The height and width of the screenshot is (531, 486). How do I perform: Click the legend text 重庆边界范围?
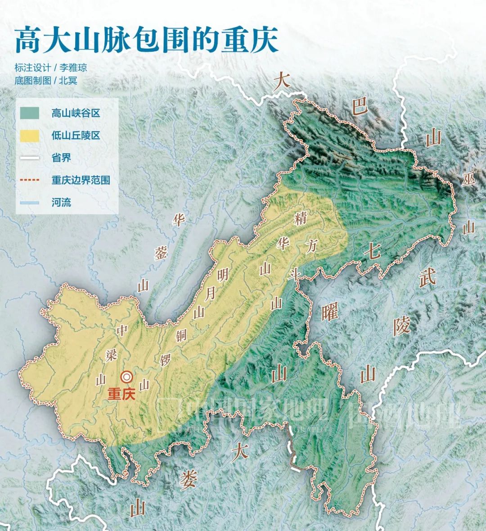coord(81,180)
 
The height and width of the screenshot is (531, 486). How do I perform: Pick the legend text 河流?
coord(61,202)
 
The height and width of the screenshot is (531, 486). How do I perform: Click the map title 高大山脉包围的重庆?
coord(147,41)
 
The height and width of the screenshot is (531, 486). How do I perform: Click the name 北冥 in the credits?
coord(71,81)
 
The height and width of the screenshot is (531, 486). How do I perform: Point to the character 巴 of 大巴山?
coord(360,108)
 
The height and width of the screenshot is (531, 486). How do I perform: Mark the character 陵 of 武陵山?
coord(401,325)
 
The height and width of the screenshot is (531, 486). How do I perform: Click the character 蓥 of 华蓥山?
coord(161,253)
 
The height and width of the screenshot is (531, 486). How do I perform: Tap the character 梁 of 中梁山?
coord(111,354)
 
